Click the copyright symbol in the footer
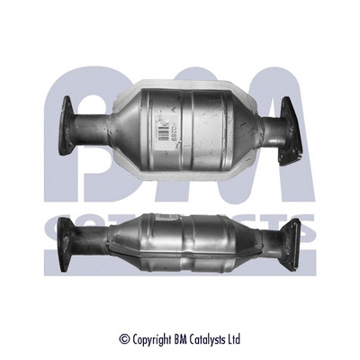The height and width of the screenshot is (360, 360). (125, 339)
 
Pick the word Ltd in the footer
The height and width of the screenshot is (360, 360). (235, 339)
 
